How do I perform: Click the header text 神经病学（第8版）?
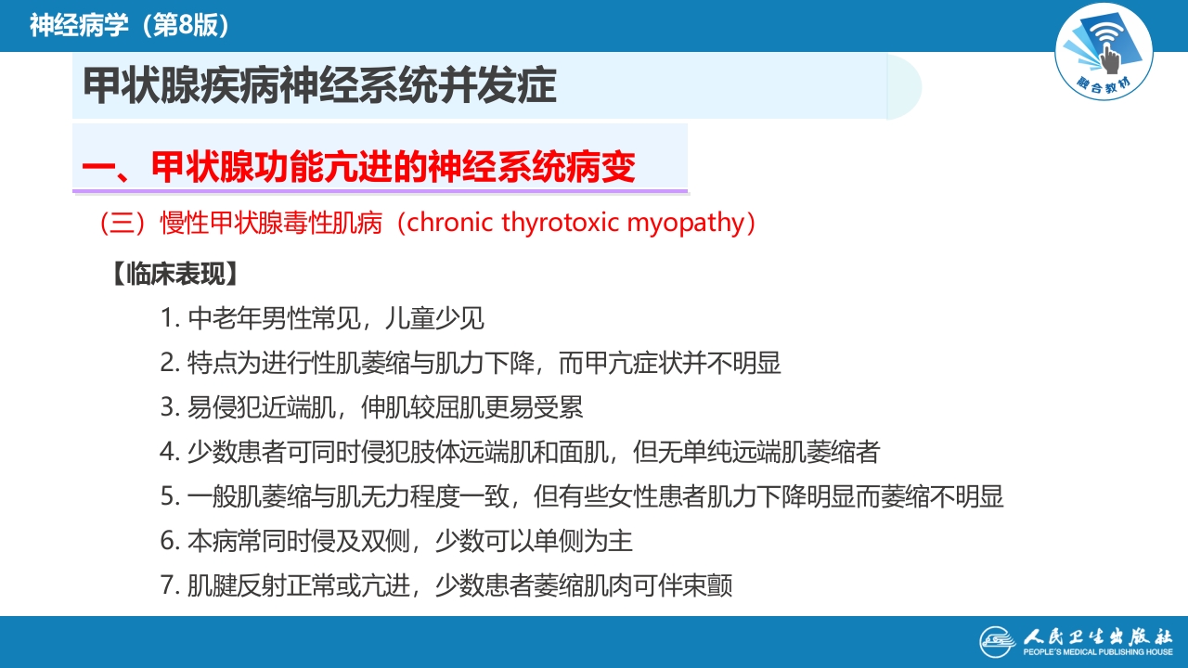coord(129,25)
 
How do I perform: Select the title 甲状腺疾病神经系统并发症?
coord(319,86)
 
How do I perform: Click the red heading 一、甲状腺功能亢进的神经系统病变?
coord(358,167)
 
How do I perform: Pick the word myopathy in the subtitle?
coord(686,224)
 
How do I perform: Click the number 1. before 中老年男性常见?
coord(169,318)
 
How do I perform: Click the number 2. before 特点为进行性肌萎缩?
coord(169,363)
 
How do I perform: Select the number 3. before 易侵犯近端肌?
coord(169,407)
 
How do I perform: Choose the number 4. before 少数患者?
coord(169,452)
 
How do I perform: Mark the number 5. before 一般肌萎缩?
coord(169,496)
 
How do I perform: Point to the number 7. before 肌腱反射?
coord(169,585)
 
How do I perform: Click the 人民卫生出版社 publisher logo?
coord(1077,641)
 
